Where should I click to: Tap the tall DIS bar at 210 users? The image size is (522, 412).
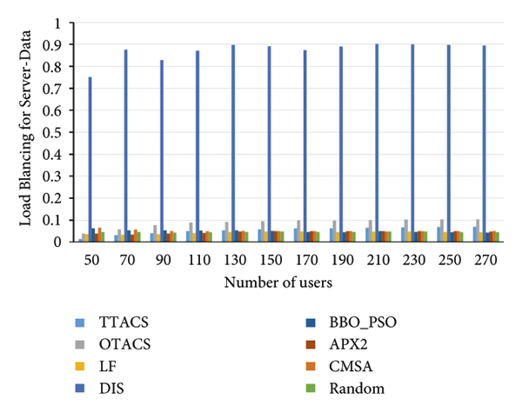pyautogui.click(x=377, y=143)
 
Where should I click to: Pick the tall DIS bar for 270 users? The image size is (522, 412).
pyautogui.click(x=485, y=143)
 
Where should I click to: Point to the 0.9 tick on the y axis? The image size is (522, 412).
pyautogui.click(x=61, y=44)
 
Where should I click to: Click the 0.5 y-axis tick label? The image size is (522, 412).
pyautogui.click(x=61, y=132)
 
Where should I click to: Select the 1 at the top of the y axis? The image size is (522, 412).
pyautogui.click(x=65, y=23)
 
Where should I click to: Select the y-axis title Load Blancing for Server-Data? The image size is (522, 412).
pyautogui.click(x=25, y=132)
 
